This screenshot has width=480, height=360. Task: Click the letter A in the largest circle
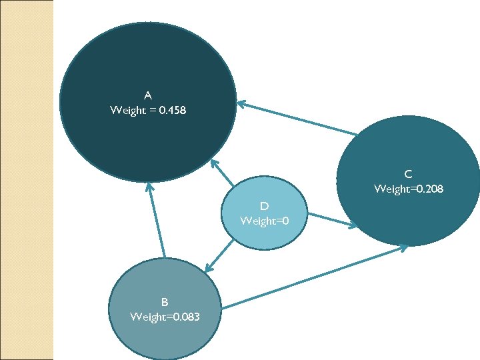click(x=148, y=95)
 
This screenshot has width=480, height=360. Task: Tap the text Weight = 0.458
click(x=148, y=110)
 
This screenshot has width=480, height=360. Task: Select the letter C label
click(x=409, y=175)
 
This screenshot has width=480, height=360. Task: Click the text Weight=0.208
click(x=409, y=189)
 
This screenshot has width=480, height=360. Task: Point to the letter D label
click(x=265, y=205)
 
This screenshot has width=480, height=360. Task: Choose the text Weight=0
click(x=265, y=221)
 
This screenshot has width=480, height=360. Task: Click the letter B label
click(x=164, y=301)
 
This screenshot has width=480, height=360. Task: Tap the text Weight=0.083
click(x=164, y=316)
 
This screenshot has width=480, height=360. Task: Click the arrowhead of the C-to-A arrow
click(x=241, y=103)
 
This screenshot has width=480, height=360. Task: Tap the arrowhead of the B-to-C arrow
click(x=404, y=247)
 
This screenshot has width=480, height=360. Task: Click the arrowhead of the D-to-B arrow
click(x=207, y=269)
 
